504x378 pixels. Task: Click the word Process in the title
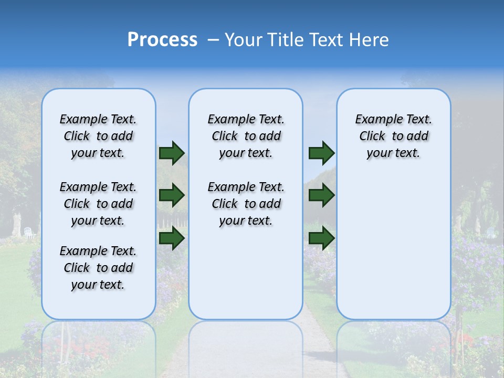pyautogui.click(x=162, y=40)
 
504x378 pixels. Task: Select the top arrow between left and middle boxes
pyautogui.click(x=172, y=153)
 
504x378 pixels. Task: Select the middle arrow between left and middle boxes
pyautogui.click(x=172, y=196)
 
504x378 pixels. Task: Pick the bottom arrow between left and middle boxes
pyautogui.click(x=172, y=238)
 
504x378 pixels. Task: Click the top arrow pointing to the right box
pyautogui.click(x=321, y=153)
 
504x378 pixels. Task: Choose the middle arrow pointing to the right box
pyautogui.click(x=321, y=196)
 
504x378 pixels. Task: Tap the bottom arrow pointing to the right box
pyautogui.click(x=321, y=238)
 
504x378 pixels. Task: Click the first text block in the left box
pyautogui.click(x=98, y=136)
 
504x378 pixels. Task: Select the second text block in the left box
pyautogui.click(x=98, y=204)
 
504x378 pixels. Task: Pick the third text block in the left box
pyautogui.click(x=98, y=268)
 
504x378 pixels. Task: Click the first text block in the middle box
pyautogui.click(x=246, y=136)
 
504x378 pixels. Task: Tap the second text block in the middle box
pyautogui.click(x=246, y=204)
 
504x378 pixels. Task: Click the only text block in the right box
pyautogui.click(x=393, y=136)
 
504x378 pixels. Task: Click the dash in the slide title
pyautogui.click(x=213, y=40)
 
